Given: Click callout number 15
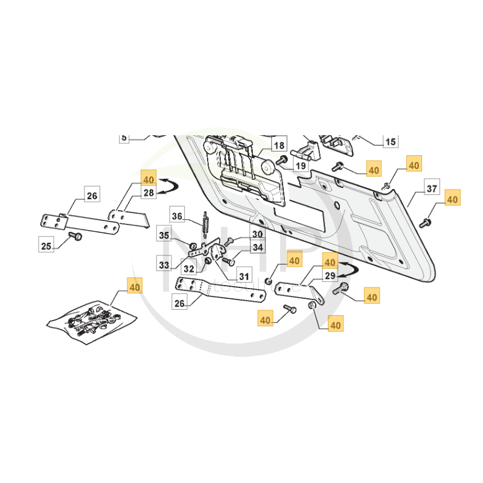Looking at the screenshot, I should pyautogui.click(x=391, y=142).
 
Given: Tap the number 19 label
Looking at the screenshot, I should pyautogui.click(x=300, y=164).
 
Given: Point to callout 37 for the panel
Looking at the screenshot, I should pyautogui.click(x=432, y=188).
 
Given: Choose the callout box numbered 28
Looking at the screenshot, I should pyautogui.click(x=149, y=193).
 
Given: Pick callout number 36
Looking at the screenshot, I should pyautogui.click(x=177, y=216).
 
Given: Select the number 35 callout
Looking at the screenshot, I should pyautogui.click(x=165, y=235).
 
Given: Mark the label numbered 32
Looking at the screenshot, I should pyautogui.click(x=188, y=269).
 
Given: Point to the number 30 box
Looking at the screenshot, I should pyautogui.click(x=258, y=234).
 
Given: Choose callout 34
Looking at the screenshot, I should pyautogui.click(x=258, y=247).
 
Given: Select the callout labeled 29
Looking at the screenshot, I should pyautogui.click(x=330, y=276).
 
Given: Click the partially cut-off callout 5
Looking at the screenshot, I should pyautogui.click(x=124, y=138).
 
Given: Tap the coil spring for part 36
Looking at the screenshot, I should pyautogui.click(x=205, y=223).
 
